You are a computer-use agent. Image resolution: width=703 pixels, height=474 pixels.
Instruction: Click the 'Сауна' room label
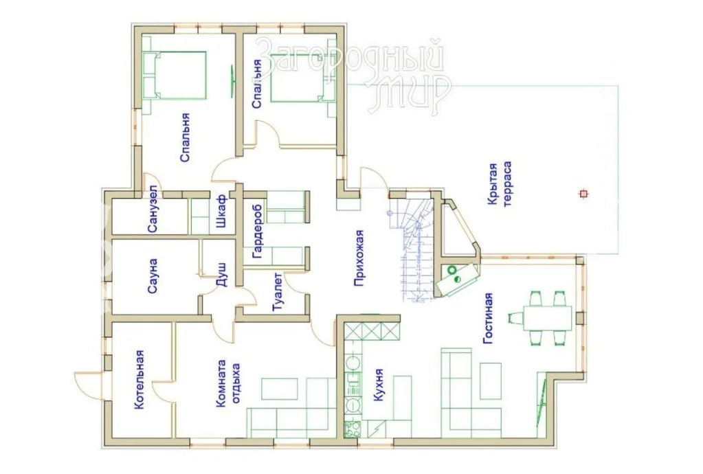[153, 275]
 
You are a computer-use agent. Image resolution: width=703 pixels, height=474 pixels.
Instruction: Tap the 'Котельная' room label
[140, 379]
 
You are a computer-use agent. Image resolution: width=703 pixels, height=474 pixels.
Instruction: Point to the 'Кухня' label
[379, 385]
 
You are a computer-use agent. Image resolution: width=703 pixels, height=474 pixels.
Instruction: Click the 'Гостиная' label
[488, 318]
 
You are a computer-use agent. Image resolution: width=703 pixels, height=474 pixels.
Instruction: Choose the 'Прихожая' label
[359, 258]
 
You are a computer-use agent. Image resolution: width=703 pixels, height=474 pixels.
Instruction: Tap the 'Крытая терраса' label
[500, 184]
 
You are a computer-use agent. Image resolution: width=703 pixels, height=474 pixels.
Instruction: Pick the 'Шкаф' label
[222, 211]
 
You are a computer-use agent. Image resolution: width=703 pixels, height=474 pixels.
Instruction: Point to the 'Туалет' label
[278, 292]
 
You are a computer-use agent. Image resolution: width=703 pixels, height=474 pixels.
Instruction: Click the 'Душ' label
[222, 275]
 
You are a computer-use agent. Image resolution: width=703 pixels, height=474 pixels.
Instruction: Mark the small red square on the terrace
[583, 194]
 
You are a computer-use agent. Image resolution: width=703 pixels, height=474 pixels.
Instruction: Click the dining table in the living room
[547, 318]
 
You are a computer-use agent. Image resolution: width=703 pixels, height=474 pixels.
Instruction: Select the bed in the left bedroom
[175, 75]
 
